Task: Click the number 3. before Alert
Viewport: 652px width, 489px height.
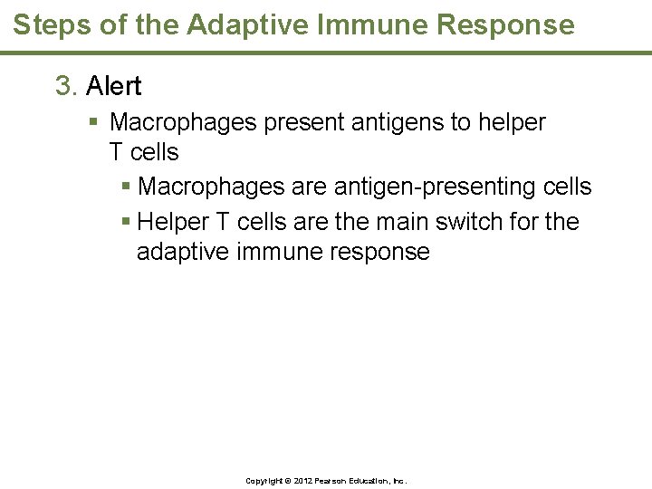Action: [67, 86]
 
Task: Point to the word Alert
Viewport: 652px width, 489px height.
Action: [113, 86]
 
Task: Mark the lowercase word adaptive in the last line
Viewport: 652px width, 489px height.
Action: [182, 252]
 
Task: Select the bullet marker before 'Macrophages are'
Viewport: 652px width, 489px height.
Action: [126, 187]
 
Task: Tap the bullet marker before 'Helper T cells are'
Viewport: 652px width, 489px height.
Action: [126, 222]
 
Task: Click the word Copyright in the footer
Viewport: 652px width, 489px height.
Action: [266, 481]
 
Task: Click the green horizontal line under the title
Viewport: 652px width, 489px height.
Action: [326, 53]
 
